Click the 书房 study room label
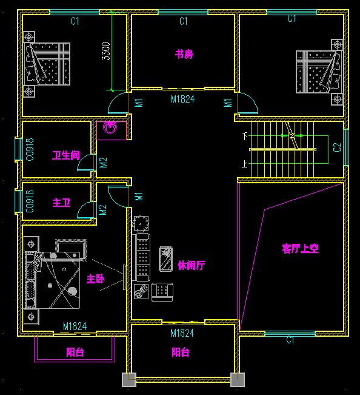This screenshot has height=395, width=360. click(x=184, y=54)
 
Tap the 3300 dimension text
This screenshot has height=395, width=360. click(x=106, y=51)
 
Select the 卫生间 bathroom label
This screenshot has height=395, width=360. click(x=66, y=155)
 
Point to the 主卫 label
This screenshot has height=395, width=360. click(x=61, y=203)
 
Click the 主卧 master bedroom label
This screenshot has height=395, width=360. click(x=95, y=279)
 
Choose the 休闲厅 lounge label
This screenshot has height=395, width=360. click(x=191, y=265)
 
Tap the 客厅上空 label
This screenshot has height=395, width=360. click(x=301, y=248)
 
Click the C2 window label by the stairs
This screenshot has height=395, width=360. click(x=337, y=147)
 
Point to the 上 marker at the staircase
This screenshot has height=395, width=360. click(x=245, y=164)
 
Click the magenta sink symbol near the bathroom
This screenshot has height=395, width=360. click(x=110, y=127)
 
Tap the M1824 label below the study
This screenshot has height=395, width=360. click(x=183, y=99)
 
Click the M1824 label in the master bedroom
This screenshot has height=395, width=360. click(x=75, y=326)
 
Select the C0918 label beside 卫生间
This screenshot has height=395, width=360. click(x=30, y=149)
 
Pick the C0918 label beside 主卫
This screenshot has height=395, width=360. click(x=30, y=201)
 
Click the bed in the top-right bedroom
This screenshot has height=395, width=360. click(x=319, y=72)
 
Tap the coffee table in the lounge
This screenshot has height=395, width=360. click(x=166, y=259)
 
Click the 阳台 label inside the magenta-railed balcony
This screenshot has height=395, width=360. click(x=75, y=352)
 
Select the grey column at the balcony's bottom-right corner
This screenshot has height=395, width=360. click(x=238, y=380)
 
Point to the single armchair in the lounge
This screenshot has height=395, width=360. click(x=162, y=292)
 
